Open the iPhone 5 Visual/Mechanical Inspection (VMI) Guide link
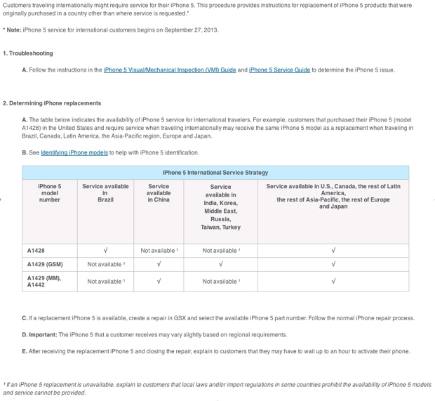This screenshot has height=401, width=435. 169,70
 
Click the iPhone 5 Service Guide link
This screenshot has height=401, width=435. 279,70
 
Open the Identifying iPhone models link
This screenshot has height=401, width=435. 74,152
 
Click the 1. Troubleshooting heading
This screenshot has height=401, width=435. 28,53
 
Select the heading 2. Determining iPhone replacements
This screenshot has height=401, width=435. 52,103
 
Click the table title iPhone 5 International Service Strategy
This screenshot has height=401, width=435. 215,172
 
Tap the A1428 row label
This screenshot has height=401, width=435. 36,251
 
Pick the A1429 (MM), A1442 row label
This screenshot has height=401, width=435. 43,282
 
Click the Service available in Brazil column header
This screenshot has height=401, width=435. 105,193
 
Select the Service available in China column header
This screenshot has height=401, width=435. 159,193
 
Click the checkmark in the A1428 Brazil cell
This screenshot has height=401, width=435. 105,251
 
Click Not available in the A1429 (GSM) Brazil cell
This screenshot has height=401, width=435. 106,265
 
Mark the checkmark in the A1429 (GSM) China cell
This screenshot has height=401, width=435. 159,265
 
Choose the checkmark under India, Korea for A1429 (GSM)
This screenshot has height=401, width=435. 220,265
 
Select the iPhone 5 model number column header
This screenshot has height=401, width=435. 50,193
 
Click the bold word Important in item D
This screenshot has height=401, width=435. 43,335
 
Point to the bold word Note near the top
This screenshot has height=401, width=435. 13,30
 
